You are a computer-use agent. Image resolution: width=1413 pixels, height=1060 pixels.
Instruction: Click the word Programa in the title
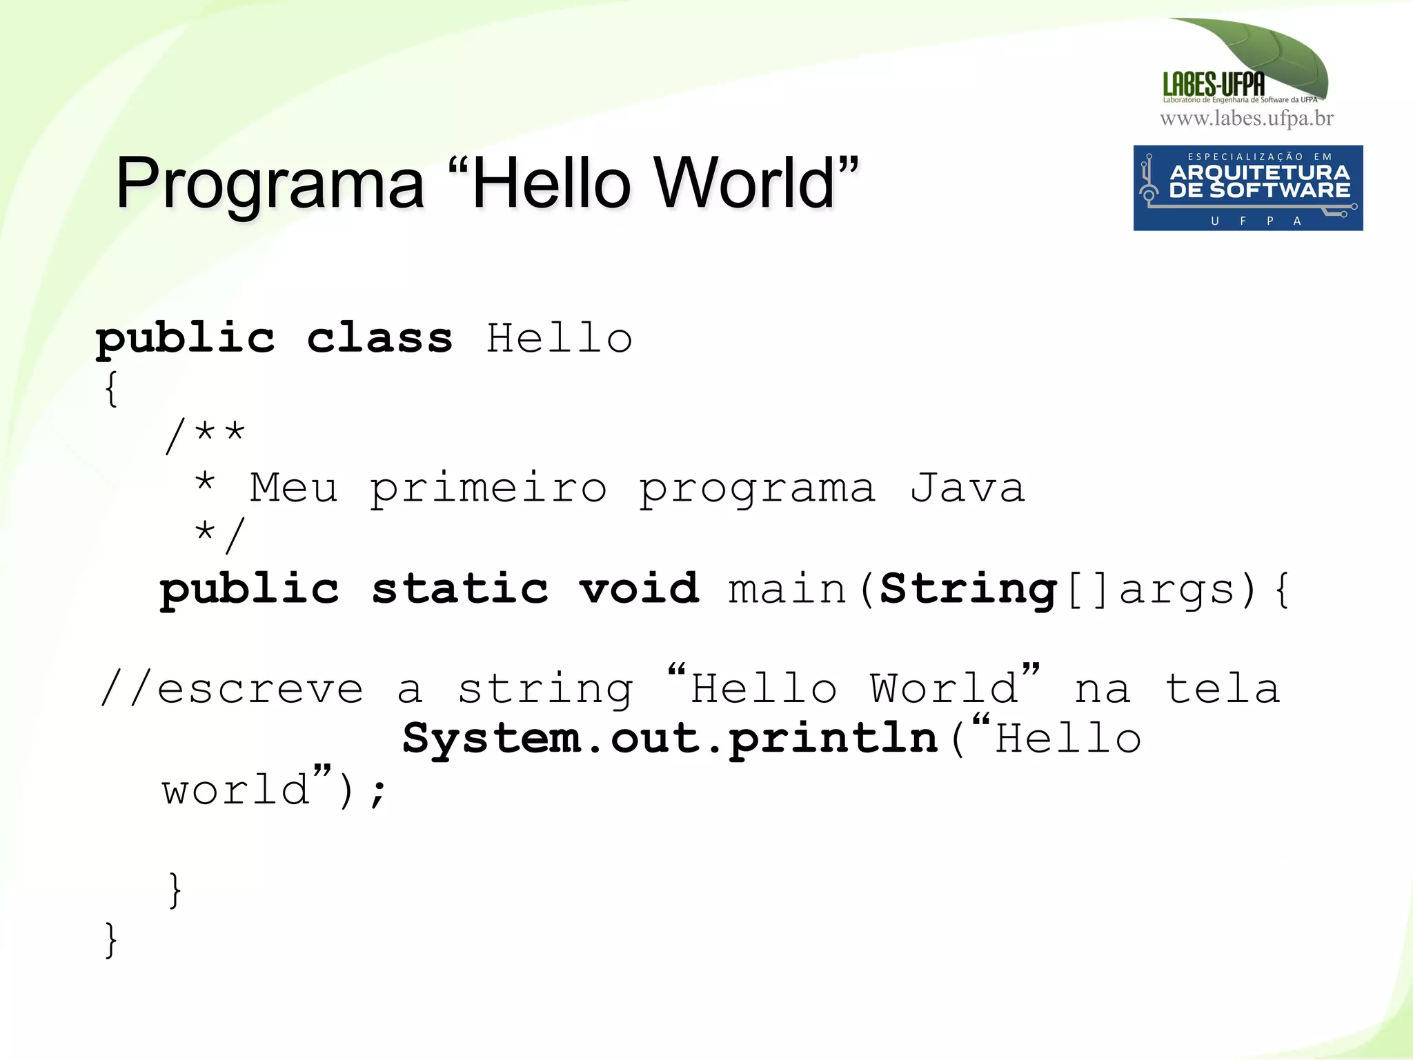pyautogui.click(x=270, y=183)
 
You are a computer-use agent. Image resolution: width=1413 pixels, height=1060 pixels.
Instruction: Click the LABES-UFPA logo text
pyautogui.click(x=1214, y=85)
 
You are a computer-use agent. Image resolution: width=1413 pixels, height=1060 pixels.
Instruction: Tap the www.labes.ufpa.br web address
pyautogui.click(x=1246, y=119)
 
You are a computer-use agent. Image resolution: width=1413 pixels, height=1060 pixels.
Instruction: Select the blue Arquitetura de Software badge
pyautogui.click(x=1247, y=188)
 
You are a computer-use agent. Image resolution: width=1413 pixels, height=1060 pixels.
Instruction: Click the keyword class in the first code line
pyautogui.click(x=379, y=338)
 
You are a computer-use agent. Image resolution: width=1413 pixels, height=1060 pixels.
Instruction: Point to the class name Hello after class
pyautogui.click(x=559, y=338)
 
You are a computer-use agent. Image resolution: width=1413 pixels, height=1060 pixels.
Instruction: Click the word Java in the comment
pyautogui.click(x=967, y=488)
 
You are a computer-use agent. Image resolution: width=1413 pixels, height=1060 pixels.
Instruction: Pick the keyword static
pyautogui.click(x=460, y=589)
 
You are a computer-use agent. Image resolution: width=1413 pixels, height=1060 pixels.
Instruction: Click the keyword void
pyautogui.click(x=639, y=589)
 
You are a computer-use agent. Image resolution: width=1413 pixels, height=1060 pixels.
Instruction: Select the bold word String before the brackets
pyautogui.click(x=968, y=590)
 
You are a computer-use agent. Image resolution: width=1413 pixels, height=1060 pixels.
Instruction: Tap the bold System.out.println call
pyautogui.click(x=669, y=739)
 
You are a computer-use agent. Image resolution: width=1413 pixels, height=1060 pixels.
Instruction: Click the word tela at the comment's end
pyautogui.click(x=1222, y=688)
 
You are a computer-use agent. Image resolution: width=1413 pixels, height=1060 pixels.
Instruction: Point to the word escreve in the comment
pyautogui.click(x=260, y=688)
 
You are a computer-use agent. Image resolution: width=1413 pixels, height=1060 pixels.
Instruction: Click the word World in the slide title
pyautogui.click(x=745, y=183)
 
